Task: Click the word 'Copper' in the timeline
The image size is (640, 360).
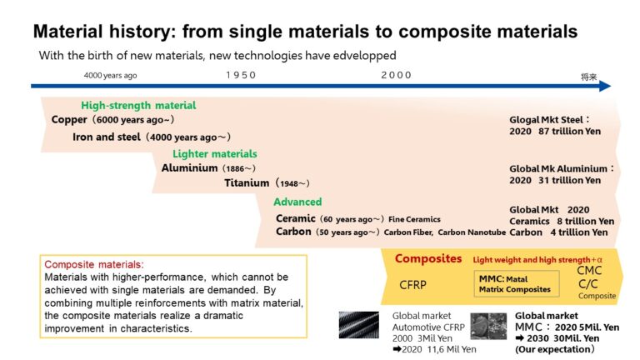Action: pyautogui.click(x=69, y=120)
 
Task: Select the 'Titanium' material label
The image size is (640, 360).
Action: pyautogui.click(x=247, y=182)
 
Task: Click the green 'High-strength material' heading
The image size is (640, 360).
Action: pyautogui.click(x=138, y=106)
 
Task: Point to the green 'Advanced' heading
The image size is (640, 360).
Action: pyautogui.click(x=297, y=202)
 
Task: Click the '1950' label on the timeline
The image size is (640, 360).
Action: pyautogui.click(x=241, y=75)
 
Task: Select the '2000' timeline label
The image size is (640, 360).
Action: pyautogui.click(x=397, y=75)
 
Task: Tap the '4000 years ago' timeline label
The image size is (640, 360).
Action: pyautogui.click(x=110, y=75)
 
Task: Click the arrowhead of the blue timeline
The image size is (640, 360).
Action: pyautogui.click(x=604, y=85)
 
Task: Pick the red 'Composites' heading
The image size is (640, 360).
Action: pyautogui.click(x=428, y=258)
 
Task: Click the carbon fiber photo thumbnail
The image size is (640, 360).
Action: pyautogui.click(x=359, y=324)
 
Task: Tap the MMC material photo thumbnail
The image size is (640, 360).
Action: pyautogui.click(x=488, y=325)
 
